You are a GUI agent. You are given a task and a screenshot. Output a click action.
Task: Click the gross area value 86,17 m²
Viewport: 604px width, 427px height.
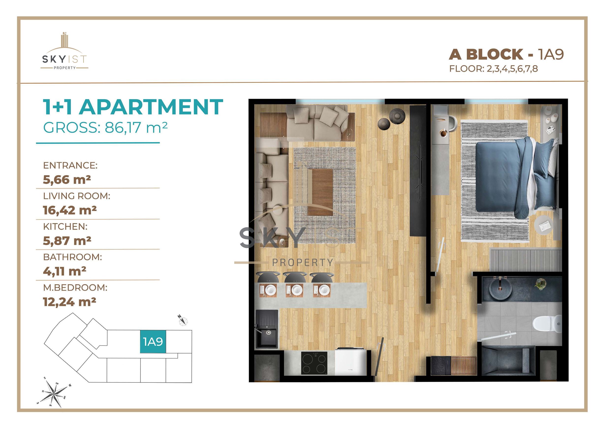click(136, 127)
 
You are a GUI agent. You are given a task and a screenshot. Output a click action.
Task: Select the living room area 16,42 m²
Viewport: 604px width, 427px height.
click(70, 210)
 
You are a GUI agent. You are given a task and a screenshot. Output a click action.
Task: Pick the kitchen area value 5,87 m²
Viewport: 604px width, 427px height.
click(67, 241)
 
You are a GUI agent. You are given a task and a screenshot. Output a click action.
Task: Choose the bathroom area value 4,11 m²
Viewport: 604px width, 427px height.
click(65, 271)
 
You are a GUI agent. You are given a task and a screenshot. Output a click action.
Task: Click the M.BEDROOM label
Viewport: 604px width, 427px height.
click(75, 287)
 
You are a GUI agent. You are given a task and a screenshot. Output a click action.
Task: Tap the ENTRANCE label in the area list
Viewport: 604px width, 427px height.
click(70, 165)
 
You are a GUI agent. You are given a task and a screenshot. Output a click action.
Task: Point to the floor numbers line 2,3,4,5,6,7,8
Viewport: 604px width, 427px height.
click(512, 69)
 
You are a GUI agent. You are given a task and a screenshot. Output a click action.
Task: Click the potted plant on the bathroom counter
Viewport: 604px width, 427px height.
click(540, 284)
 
